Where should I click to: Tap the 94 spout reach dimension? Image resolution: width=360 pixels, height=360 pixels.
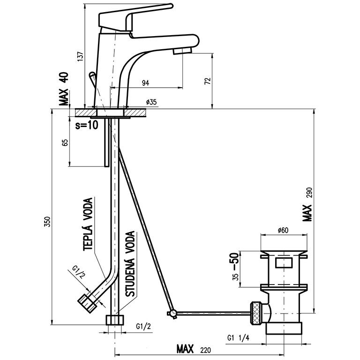point(145,83)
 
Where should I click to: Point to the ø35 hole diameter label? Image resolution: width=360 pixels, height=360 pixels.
point(151,102)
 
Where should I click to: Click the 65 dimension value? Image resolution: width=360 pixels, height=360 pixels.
point(65,142)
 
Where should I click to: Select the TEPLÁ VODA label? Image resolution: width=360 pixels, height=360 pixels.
point(88,225)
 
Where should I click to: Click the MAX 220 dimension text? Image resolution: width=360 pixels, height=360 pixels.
point(192,349)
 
